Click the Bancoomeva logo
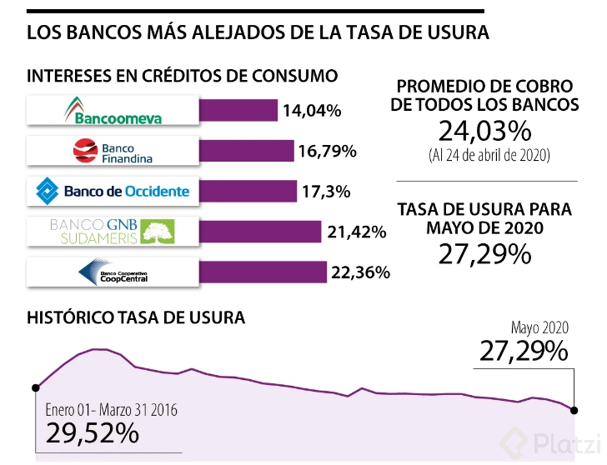point(113,111)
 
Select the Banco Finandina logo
point(113,151)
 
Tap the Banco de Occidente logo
point(113,191)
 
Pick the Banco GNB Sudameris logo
point(113,231)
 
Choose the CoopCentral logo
point(113,272)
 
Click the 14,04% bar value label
point(312,110)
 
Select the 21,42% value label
point(356,232)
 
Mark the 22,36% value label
point(360,272)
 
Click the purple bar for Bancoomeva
point(238,110)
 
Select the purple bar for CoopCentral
point(263,272)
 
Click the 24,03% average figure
point(484,131)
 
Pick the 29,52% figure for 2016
point(92,432)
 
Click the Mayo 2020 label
point(539,327)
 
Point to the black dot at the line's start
point(36,387)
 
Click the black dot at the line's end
point(574,409)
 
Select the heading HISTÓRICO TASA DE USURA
point(136,317)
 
